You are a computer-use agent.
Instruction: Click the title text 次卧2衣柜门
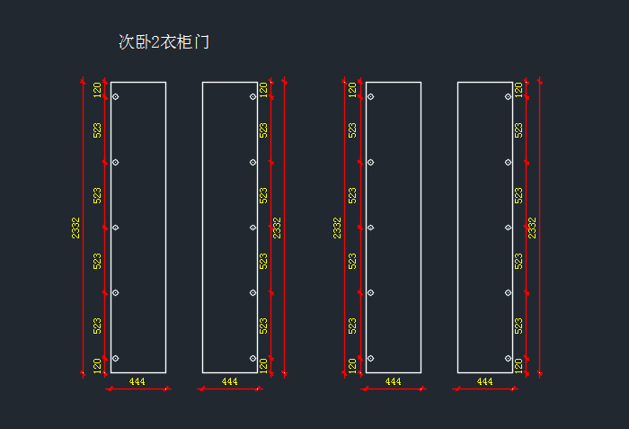164,41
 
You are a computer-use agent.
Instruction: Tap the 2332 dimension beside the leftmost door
75,228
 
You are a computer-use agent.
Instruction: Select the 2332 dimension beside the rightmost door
532,228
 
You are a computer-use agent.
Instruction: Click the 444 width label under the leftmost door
137,381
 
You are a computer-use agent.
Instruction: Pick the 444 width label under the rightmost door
484,381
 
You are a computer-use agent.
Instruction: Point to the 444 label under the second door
229,381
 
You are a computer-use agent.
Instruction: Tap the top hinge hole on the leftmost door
116,97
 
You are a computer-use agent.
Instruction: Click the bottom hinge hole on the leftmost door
116,358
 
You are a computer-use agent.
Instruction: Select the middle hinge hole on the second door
253,228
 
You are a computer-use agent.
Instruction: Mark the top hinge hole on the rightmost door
509,97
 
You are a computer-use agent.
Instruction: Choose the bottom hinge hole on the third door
370,358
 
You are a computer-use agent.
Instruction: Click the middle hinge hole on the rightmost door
509,228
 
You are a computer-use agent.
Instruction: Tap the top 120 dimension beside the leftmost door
97,90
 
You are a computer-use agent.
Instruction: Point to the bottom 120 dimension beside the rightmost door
518,366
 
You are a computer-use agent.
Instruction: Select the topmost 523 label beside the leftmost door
97,130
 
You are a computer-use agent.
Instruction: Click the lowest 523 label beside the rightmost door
518,326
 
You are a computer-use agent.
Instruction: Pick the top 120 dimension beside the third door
352,90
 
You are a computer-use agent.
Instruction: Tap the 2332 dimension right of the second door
277,228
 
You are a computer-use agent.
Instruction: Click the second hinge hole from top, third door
370,162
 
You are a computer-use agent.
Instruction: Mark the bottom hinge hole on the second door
253,358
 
